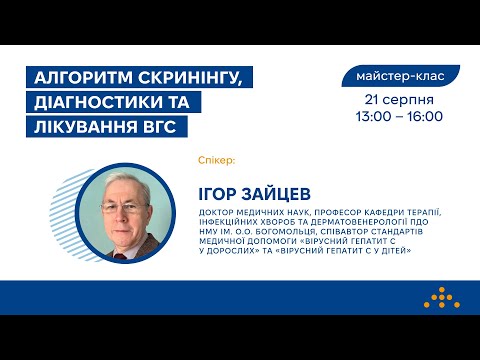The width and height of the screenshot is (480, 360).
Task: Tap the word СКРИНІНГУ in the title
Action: click(196, 78)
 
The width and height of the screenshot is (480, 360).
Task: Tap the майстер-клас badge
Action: click(400, 75)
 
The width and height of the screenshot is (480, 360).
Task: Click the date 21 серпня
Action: click(398, 100)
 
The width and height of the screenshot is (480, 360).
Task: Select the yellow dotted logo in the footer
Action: click(438, 298)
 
